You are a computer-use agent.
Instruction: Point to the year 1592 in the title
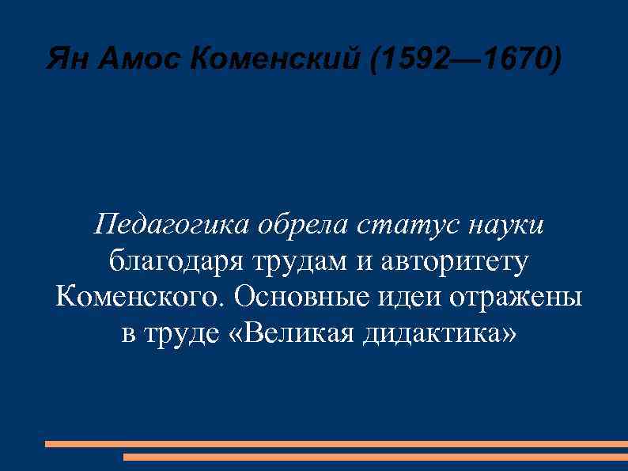[x=416, y=59]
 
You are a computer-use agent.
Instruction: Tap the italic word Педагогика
[x=171, y=226]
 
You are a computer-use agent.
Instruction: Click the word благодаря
[x=174, y=261]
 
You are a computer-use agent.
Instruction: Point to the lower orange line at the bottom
[x=376, y=457]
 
